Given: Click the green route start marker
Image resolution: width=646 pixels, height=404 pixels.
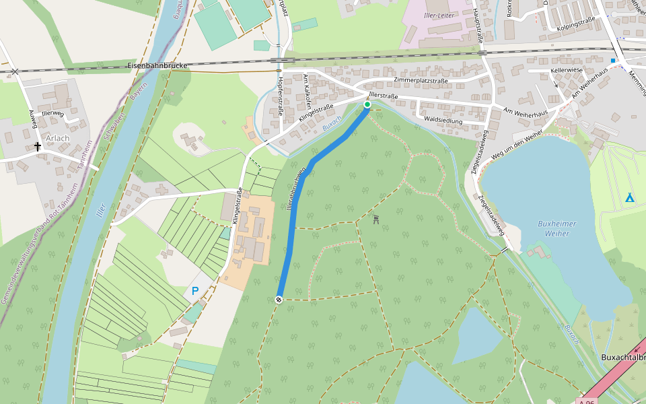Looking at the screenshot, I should pyautogui.click(x=367, y=104).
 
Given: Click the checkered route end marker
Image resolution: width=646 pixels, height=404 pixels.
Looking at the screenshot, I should pyautogui.click(x=279, y=300).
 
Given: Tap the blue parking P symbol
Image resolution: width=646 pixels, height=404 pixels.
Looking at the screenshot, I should pyautogui.click(x=195, y=291).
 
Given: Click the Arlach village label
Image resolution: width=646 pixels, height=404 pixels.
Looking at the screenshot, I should pyautogui.click(x=57, y=138).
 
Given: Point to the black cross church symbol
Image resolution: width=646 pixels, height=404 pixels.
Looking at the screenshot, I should pyautogui.click(x=38, y=146).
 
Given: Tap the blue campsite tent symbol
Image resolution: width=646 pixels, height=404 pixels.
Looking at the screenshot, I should pyautogui.click(x=629, y=197).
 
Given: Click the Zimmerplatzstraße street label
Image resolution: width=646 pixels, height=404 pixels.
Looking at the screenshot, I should pyautogui.click(x=421, y=80).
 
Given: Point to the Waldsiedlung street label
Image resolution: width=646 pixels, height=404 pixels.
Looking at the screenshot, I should pyautogui.click(x=443, y=120).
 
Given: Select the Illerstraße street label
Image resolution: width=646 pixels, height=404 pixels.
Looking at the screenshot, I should pyautogui.click(x=384, y=96).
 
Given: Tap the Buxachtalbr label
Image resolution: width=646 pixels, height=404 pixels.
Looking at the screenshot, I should pyautogui.click(x=622, y=358).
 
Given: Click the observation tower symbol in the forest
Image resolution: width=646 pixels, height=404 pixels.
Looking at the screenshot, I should pyautogui.click(x=375, y=219).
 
